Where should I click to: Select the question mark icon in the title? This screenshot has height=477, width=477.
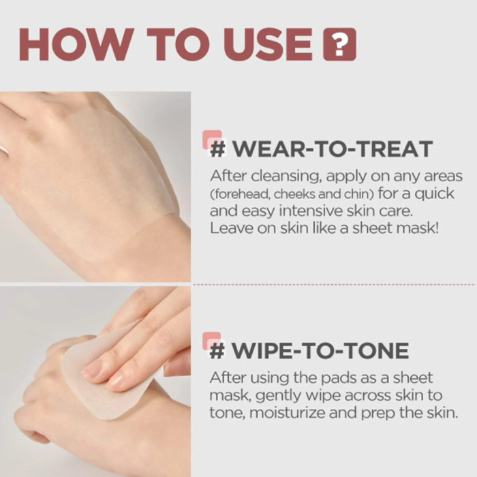(339, 45)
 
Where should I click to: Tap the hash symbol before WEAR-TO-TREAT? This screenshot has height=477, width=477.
(218, 149)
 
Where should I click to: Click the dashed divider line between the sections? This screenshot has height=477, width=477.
(334, 284)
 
